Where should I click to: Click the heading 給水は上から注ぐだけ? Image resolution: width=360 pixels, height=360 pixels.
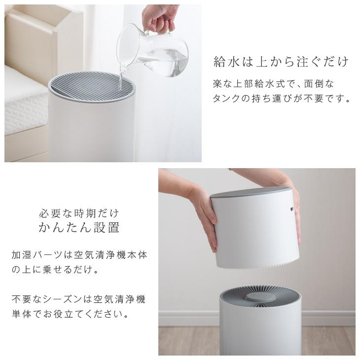[281, 62]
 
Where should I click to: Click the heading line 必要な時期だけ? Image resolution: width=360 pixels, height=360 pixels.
[79, 214]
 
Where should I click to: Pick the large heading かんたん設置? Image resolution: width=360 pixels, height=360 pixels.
[79, 228]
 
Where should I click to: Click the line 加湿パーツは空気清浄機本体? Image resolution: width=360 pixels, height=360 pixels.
[79, 255]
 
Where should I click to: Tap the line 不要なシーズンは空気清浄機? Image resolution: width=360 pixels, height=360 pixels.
[79, 299]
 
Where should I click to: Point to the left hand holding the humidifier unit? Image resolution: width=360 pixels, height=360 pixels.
[205, 217]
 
